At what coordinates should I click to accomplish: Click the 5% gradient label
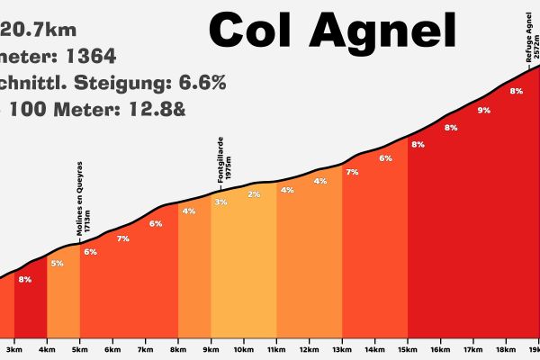coord(57,263)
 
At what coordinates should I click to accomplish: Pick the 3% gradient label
coord(220,202)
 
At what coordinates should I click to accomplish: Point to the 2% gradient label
coord(254,194)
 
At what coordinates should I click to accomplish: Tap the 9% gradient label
coord(483,111)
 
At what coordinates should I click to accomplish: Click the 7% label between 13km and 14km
coord(352,172)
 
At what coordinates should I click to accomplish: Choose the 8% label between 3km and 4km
coord(24,279)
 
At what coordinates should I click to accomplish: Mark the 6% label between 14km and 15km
coord(385,158)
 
